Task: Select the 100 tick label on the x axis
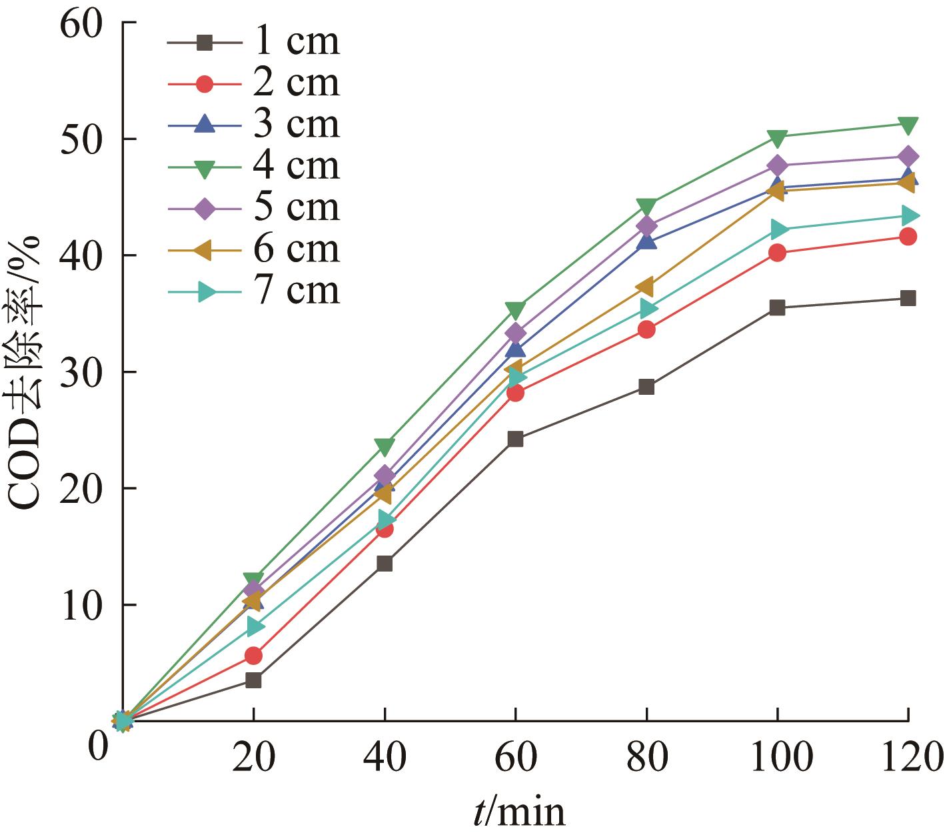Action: [x=777, y=758]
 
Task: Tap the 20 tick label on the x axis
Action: [x=254, y=758]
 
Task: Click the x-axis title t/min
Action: [x=519, y=812]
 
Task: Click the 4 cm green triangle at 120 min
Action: [x=908, y=125]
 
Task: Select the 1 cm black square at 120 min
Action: [x=908, y=298]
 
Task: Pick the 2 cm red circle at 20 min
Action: [x=253, y=656]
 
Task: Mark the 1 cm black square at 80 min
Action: [x=646, y=387]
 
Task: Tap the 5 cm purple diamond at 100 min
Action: [x=777, y=165]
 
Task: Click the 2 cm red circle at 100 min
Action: [x=777, y=253]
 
